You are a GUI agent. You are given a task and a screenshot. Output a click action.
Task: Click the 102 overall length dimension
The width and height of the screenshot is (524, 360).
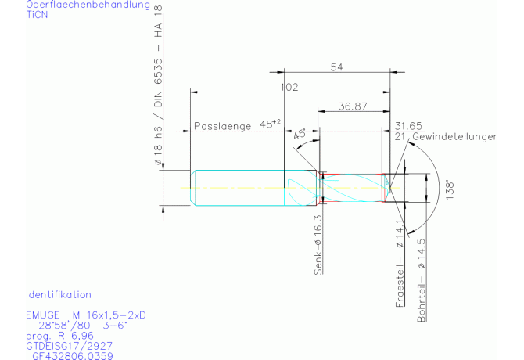pyautogui.click(x=289, y=87)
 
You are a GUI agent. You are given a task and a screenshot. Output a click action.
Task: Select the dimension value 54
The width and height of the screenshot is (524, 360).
pyautogui.click(x=336, y=67)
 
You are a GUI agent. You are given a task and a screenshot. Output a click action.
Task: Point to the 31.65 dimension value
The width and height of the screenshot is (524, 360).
pyautogui.click(x=409, y=125)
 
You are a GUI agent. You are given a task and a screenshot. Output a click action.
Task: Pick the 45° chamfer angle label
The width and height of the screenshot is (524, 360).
pyautogui.click(x=299, y=134)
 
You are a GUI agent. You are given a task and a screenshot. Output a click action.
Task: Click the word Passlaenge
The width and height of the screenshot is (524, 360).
pyautogui.click(x=222, y=125)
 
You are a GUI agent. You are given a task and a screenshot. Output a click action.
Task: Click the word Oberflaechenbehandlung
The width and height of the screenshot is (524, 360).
pyautogui.click(x=88, y=5)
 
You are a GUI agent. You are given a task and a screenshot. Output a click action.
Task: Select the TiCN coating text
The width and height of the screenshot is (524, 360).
pyautogui.click(x=37, y=15)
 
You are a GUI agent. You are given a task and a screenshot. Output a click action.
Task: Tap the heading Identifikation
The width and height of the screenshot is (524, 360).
pyautogui.click(x=59, y=295)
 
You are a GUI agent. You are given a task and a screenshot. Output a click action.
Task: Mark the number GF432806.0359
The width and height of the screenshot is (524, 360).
pyautogui.click(x=73, y=355)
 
